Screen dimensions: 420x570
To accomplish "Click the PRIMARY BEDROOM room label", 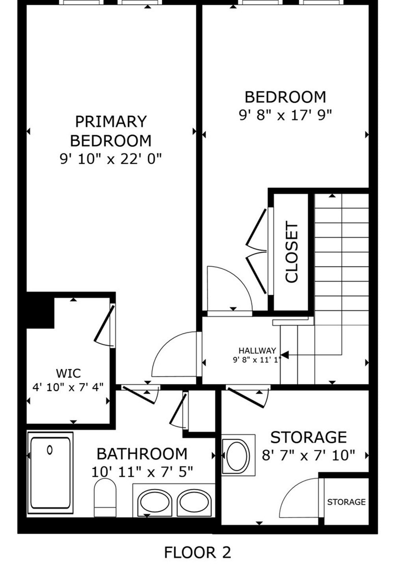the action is (111, 131).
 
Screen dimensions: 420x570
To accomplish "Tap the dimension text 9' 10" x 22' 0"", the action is (111, 159).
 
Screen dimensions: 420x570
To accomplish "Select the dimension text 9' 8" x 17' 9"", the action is (286, 115).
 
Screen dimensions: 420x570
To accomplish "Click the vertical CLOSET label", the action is (292, 252).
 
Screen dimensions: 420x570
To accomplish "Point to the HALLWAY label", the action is (257, 351).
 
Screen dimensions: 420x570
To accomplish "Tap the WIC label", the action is (68, 374).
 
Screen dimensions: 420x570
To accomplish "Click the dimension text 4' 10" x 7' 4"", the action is (68, 388).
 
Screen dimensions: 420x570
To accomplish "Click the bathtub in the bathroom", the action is (50, 472).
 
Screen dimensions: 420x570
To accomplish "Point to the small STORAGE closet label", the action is (346, 502).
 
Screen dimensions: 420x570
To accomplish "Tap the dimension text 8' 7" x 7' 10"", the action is (308, 455).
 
